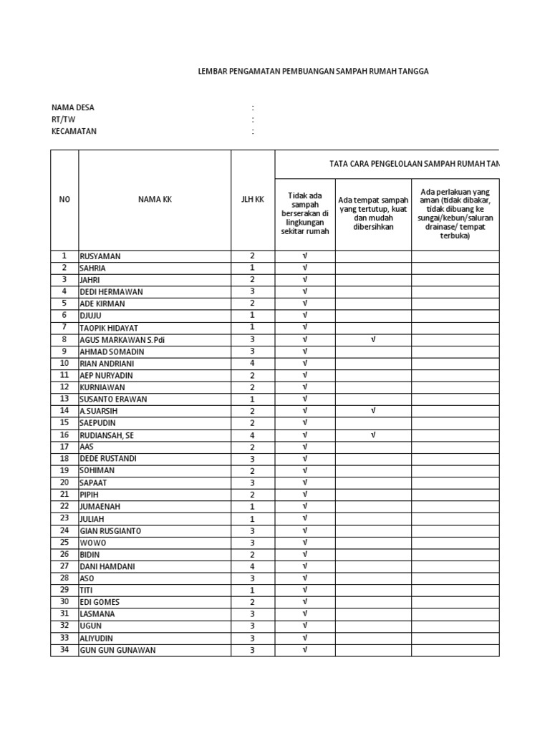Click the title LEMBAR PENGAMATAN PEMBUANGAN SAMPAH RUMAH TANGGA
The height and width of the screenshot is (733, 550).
click(313, 72)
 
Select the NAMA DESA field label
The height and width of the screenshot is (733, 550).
click(72, 107)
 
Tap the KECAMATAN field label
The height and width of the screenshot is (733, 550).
click(74, 132)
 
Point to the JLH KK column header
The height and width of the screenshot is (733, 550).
click(252, 200)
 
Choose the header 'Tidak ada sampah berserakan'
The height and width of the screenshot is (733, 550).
click(305, 213)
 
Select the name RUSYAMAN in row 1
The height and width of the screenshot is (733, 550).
click(101, 256)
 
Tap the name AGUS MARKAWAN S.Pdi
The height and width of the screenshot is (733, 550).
click(122, 340)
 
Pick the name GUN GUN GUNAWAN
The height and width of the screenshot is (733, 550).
click(117, 650)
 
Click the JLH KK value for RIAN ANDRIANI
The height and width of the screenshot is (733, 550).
click(252, 364)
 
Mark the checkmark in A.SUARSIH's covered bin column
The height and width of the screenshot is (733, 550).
click(373, 411)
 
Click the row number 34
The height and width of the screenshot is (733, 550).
click(64, 650)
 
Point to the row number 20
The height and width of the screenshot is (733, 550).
click(64, 482)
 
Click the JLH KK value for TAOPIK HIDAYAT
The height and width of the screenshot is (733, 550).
click(252, 328)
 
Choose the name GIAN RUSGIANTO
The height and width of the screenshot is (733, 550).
click(110, 530)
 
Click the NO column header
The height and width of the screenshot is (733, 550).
click(64, 200)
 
